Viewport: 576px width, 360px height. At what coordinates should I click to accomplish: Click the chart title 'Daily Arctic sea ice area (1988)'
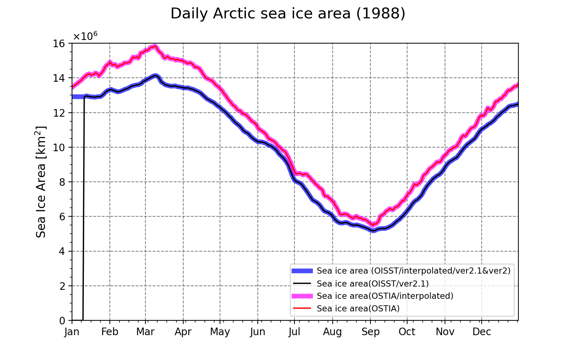click(x=288, y=13)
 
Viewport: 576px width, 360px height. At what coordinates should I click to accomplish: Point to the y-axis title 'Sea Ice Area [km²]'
click(x=41, y=182)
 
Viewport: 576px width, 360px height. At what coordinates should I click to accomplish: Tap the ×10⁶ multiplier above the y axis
click(x=85, y=36)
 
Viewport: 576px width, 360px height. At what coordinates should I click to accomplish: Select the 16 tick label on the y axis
click(x=59, y=44)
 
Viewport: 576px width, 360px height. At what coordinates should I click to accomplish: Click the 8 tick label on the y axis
click(x=62, y=182)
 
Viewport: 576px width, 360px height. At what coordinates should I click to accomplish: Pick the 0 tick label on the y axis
click(x=62, y=321)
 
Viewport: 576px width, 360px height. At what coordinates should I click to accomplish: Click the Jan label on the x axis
click(x=72, y=332)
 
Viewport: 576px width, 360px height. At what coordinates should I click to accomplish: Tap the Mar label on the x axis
click(x=145, y=332)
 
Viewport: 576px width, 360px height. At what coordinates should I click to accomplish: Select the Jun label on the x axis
click(x=258, y=332)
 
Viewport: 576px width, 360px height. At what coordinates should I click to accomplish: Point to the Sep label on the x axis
click(x=370, y=332)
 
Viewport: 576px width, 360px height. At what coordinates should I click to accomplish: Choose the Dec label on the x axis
click(x=482, y=332)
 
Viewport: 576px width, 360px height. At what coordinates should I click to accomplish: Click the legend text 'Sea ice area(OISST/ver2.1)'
click(x=373, y=284)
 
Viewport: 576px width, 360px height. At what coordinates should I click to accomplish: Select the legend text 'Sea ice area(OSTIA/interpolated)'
click(x=385, y=296)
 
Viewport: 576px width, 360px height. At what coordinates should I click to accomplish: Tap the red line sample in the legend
click(x=302, y=308)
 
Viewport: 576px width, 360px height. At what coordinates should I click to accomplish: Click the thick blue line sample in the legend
click(x=302, y=271)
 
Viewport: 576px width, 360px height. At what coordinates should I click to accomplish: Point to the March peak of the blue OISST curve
click(x=155, y=76)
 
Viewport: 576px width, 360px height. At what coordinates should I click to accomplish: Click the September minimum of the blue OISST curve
click(x=373, y=231)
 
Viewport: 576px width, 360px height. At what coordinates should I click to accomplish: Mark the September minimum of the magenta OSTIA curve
click(x=373, y=225)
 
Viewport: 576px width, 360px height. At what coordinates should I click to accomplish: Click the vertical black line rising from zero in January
click(x=83, y=208)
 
